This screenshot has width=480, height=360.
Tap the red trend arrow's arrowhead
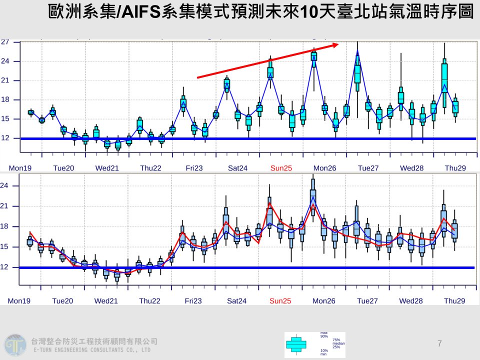(x=335, y=45)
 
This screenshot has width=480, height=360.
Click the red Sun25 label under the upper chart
(x=280, y=168)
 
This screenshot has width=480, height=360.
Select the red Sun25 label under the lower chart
(x=280, y=301)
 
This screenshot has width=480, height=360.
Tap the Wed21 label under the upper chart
(x=106, y=168)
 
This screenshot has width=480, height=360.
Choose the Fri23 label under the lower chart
(x=193, y=301)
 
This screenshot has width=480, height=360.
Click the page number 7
(x=439, y=343)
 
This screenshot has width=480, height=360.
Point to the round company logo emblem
(x=14, y=345)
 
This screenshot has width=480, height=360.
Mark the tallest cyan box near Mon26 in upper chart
(x=314, y=56)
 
